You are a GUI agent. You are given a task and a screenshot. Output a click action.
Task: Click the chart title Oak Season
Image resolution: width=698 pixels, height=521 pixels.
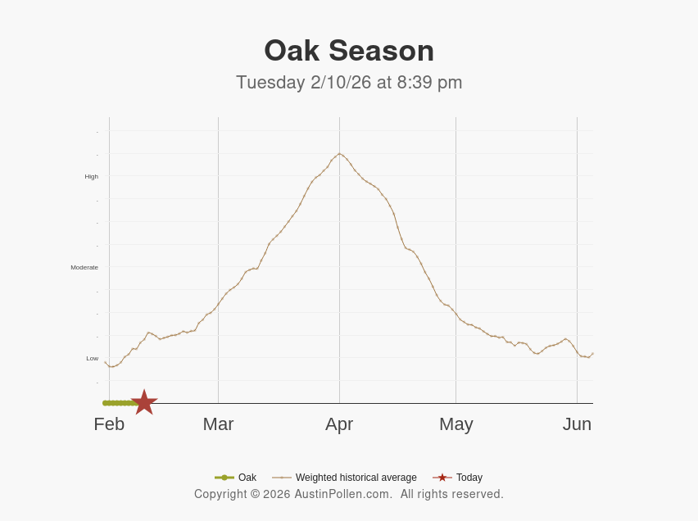(349, 51)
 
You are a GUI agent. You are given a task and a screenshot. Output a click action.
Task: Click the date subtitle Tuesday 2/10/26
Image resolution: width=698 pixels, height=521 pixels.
(303, 83)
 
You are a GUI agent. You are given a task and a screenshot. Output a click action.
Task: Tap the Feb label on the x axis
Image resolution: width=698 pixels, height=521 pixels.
(109, 424)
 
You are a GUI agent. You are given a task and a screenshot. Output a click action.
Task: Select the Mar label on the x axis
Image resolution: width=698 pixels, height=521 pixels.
(218, 424)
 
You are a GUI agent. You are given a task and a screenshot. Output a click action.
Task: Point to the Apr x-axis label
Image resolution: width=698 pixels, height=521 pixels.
(339, 424)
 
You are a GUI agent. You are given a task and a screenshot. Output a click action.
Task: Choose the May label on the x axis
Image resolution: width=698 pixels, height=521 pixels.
(456, 424)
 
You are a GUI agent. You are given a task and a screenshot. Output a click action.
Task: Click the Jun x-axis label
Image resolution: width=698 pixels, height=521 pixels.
(577, 424)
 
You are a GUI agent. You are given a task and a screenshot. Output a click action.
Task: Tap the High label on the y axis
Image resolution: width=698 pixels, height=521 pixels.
(91, 177)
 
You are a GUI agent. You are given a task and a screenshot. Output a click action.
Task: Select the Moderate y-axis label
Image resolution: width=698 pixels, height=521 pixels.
(84, 268)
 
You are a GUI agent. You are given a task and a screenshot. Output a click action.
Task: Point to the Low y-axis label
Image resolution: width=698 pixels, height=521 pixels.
(92, 359)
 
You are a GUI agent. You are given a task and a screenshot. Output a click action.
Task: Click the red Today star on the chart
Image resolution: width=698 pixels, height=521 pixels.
(144, 402)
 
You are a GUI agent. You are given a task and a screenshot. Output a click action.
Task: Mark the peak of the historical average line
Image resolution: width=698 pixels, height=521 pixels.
(340, 153)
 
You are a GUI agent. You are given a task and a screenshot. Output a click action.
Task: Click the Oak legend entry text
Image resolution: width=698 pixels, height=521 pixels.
(247, 478)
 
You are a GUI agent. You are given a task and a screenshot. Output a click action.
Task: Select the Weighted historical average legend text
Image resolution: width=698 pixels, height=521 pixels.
(356, 478)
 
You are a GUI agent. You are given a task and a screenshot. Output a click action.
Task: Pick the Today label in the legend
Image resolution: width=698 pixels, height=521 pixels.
(469, 478)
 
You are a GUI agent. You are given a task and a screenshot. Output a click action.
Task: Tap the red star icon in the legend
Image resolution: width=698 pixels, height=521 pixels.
(442, 478)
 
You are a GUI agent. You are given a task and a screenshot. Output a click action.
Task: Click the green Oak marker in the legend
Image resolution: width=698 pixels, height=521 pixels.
(224, 478)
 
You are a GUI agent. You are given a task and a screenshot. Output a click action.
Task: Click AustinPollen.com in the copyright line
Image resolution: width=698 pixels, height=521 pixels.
(343, 494)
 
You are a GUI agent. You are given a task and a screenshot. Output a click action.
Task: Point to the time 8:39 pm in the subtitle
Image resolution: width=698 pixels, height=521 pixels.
(430, 83)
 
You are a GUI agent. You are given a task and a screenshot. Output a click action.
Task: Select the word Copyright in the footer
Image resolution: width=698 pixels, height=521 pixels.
(220, 494)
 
